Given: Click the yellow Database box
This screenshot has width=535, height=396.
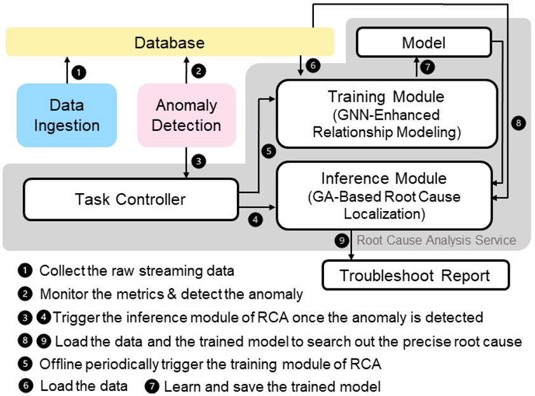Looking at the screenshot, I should click(170, 43).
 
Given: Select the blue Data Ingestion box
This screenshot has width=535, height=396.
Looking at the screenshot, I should click(67, 115).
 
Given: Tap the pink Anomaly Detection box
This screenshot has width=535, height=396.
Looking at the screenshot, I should click(186, 115).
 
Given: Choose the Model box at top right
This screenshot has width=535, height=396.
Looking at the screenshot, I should click(424, 43).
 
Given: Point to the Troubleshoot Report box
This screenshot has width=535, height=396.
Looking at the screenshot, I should click(416, 275).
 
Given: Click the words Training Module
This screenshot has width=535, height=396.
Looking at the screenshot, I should click(386, 97).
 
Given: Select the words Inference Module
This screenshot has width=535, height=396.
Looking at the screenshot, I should click(383, 179).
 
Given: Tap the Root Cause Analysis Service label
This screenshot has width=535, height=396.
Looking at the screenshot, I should click(436, 240).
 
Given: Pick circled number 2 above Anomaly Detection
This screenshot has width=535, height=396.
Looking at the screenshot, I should click(198, 71).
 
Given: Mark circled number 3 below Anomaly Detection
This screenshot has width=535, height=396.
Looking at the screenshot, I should click(198, 161).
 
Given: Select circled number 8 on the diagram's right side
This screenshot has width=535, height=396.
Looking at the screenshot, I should click(518, 124).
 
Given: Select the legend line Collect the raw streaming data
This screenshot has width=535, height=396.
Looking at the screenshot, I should click(137, 271).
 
